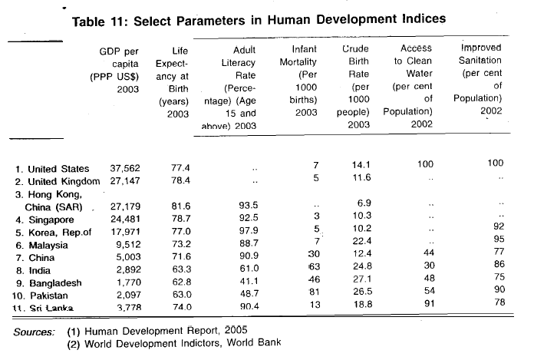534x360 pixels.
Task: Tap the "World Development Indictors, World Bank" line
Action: (166, 343)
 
